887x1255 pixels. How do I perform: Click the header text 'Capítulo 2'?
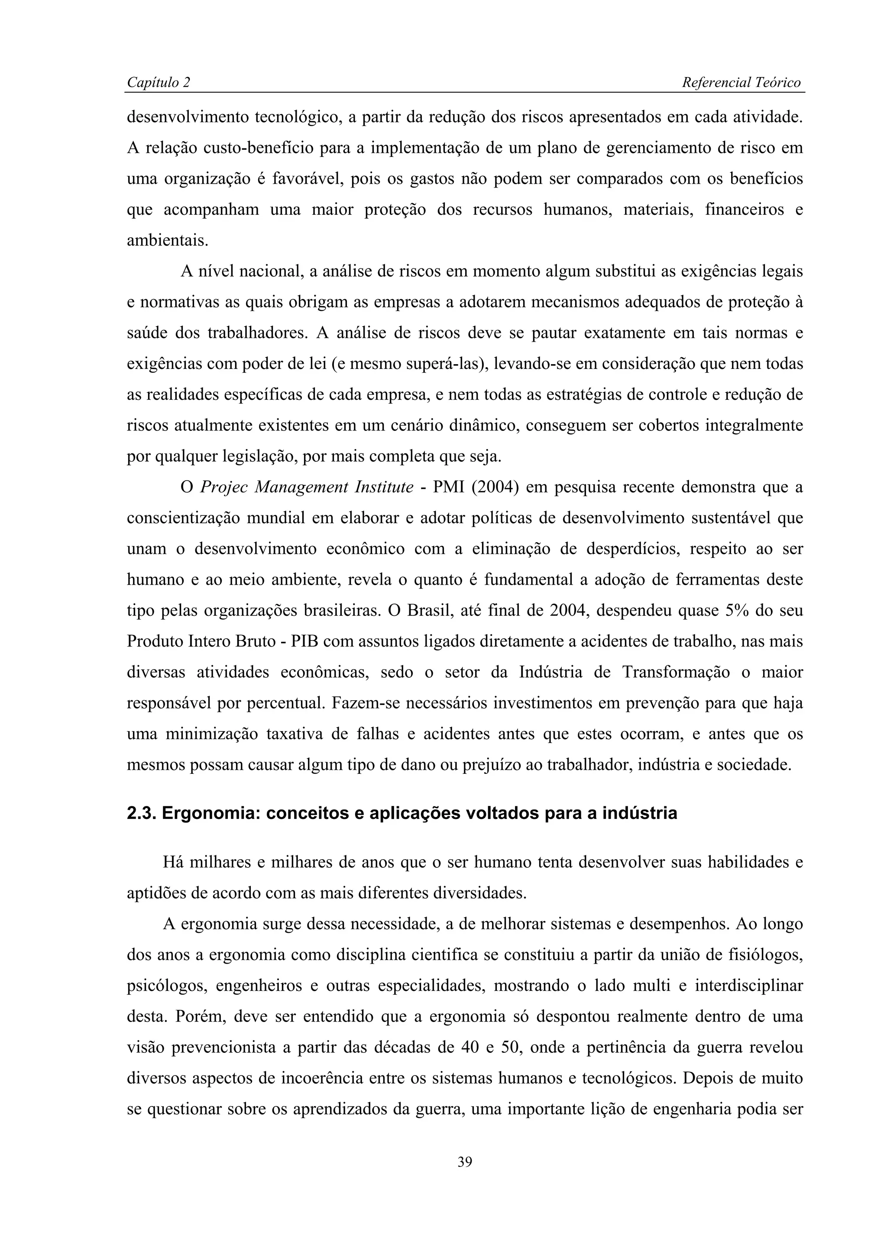coord(159,83)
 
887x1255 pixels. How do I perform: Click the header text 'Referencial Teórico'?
coord(741,83)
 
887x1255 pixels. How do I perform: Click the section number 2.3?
coord(142,813)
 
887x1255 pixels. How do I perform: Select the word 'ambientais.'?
coord(167,240)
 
